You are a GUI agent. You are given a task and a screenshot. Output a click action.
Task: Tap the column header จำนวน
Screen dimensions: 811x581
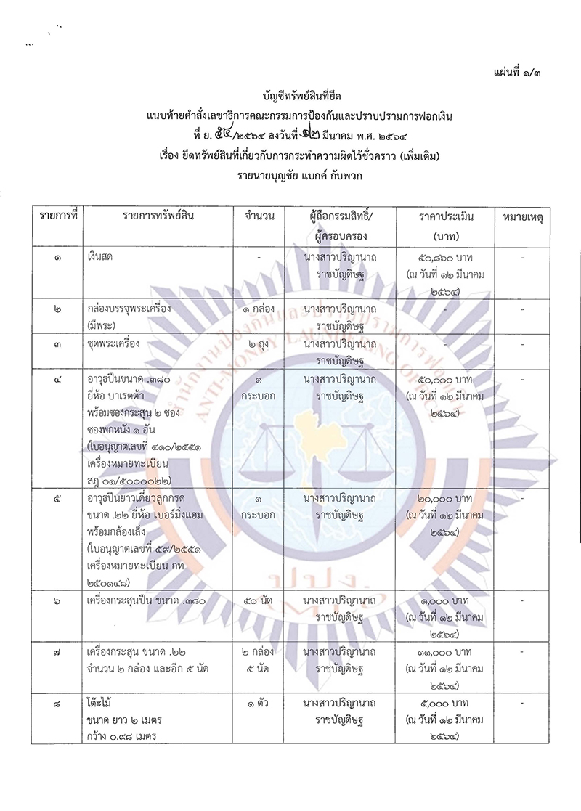click(x=259, y=216)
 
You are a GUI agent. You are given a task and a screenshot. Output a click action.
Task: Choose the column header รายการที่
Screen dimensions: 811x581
click(x=58, y=216)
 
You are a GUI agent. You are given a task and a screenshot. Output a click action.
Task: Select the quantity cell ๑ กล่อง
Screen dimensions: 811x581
click(x=259, y=309)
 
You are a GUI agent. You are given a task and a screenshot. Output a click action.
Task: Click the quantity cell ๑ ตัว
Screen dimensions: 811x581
click(x=259, y=703)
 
